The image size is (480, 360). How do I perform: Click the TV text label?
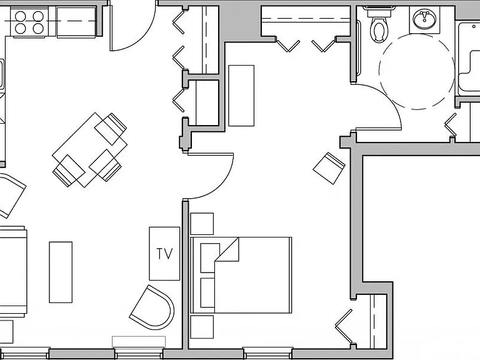(165, 254)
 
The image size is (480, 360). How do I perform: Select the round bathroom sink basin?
(424, 18)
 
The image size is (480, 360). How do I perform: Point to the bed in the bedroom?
(241, 275)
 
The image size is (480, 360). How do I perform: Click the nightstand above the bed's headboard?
(202, 224)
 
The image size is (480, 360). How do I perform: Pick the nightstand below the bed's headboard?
(202, 327)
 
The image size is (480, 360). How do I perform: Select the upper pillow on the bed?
(210, 257)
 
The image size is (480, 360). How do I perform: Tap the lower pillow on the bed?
(207, 292)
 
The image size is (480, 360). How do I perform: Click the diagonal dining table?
(90, 150)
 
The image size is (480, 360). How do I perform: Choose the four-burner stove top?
(29, 22)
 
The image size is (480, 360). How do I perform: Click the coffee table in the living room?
(61, 272)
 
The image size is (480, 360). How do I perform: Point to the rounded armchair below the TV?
(152, 307)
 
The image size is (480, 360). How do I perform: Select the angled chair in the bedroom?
(329, 168)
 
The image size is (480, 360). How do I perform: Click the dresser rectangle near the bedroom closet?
(241, 96)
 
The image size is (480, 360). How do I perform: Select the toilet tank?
(379, 12)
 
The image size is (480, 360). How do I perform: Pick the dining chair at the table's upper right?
(111, 129)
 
